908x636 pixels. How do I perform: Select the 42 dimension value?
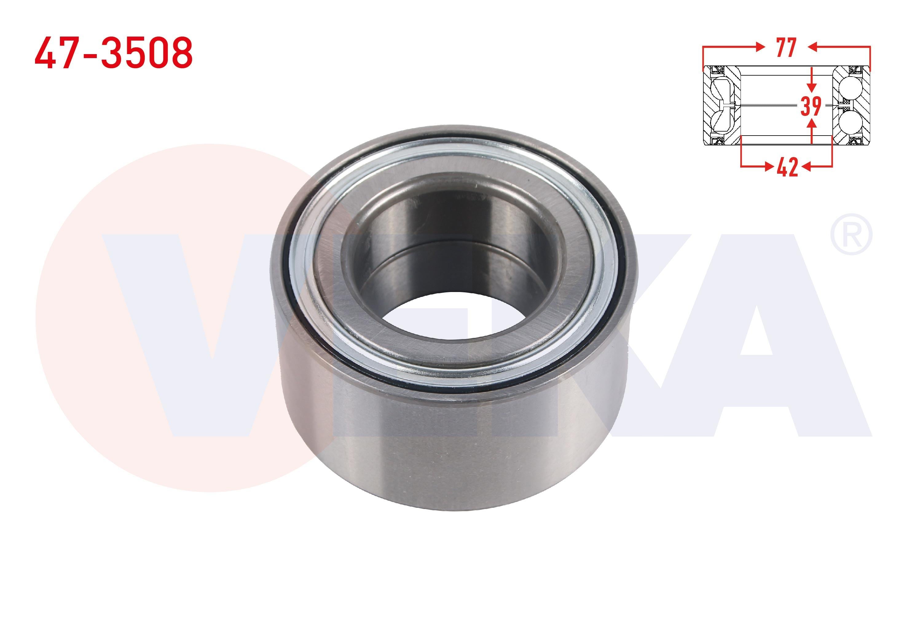point(787,168)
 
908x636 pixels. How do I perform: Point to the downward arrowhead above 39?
point(812,89)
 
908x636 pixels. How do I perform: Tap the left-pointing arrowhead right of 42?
point(805,167)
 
